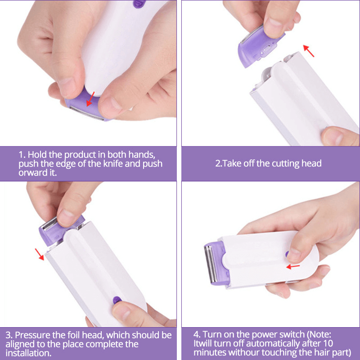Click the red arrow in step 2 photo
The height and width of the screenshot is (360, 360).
(308, 50)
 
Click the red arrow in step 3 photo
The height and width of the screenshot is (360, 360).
(40, 255)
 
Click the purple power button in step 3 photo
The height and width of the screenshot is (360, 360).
(116, 299)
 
